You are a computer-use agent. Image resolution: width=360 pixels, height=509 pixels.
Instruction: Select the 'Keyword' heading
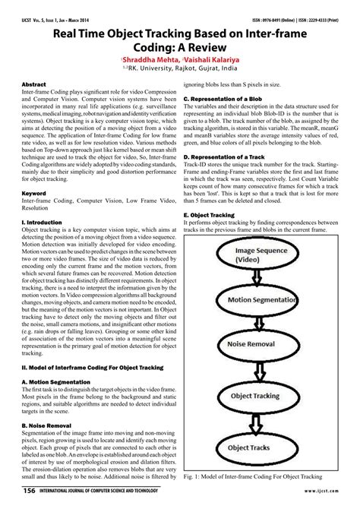[35, 193]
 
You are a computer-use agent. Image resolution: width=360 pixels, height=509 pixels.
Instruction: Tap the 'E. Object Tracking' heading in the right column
[215, 214]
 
